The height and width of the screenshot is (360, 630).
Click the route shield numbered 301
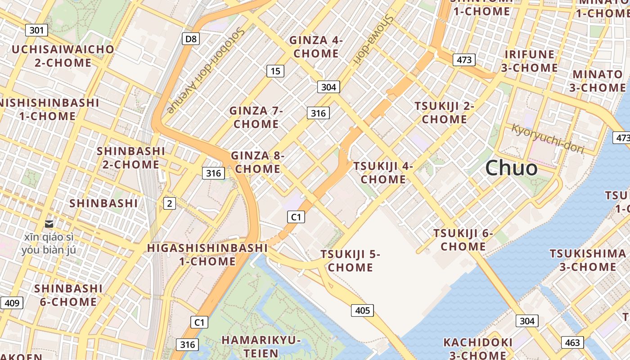tap(36, 31)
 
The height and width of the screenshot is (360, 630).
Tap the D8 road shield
tap(191, 39)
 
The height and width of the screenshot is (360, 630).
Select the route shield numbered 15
tap(275, 71)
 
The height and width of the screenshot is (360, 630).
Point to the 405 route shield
tap(362, 310)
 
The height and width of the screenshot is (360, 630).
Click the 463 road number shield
tap(572, 342)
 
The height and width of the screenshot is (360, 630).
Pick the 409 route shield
tap(12, 303)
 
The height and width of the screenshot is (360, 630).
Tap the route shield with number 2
tap(169, 204)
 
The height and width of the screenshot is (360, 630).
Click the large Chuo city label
tap(511, 168)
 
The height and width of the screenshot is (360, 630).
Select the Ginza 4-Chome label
tap(316, 47)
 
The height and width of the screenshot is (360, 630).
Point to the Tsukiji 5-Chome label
tap(350, 261)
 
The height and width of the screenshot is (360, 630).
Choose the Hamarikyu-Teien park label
tap(261, 346)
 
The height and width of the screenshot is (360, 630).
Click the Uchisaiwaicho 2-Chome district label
tap(63, 56)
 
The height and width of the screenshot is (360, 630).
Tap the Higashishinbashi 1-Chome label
tap(207, 255)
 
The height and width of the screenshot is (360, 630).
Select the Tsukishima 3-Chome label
tap(588, 260)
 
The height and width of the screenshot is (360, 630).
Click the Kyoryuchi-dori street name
tap(547, 139)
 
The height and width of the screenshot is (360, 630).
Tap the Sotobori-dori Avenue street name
tap(206, 71)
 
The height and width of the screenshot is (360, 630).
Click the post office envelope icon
tap(49, 224)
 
